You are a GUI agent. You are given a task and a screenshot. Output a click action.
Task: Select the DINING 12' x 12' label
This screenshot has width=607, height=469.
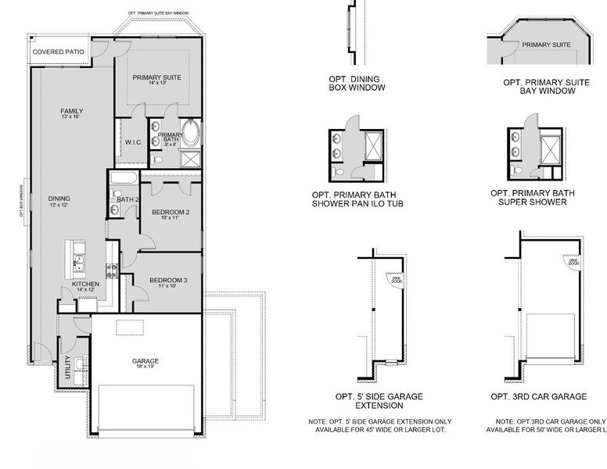coord(59,202)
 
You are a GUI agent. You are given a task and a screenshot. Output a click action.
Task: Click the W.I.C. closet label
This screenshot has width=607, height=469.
coord(132,142)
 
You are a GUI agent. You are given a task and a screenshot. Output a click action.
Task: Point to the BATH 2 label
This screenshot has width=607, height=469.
coord(127,199)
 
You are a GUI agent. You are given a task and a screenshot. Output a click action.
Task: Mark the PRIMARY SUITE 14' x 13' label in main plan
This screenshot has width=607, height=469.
coord(156,80)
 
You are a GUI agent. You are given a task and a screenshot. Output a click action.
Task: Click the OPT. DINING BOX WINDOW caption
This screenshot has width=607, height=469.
coord(357,84)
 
